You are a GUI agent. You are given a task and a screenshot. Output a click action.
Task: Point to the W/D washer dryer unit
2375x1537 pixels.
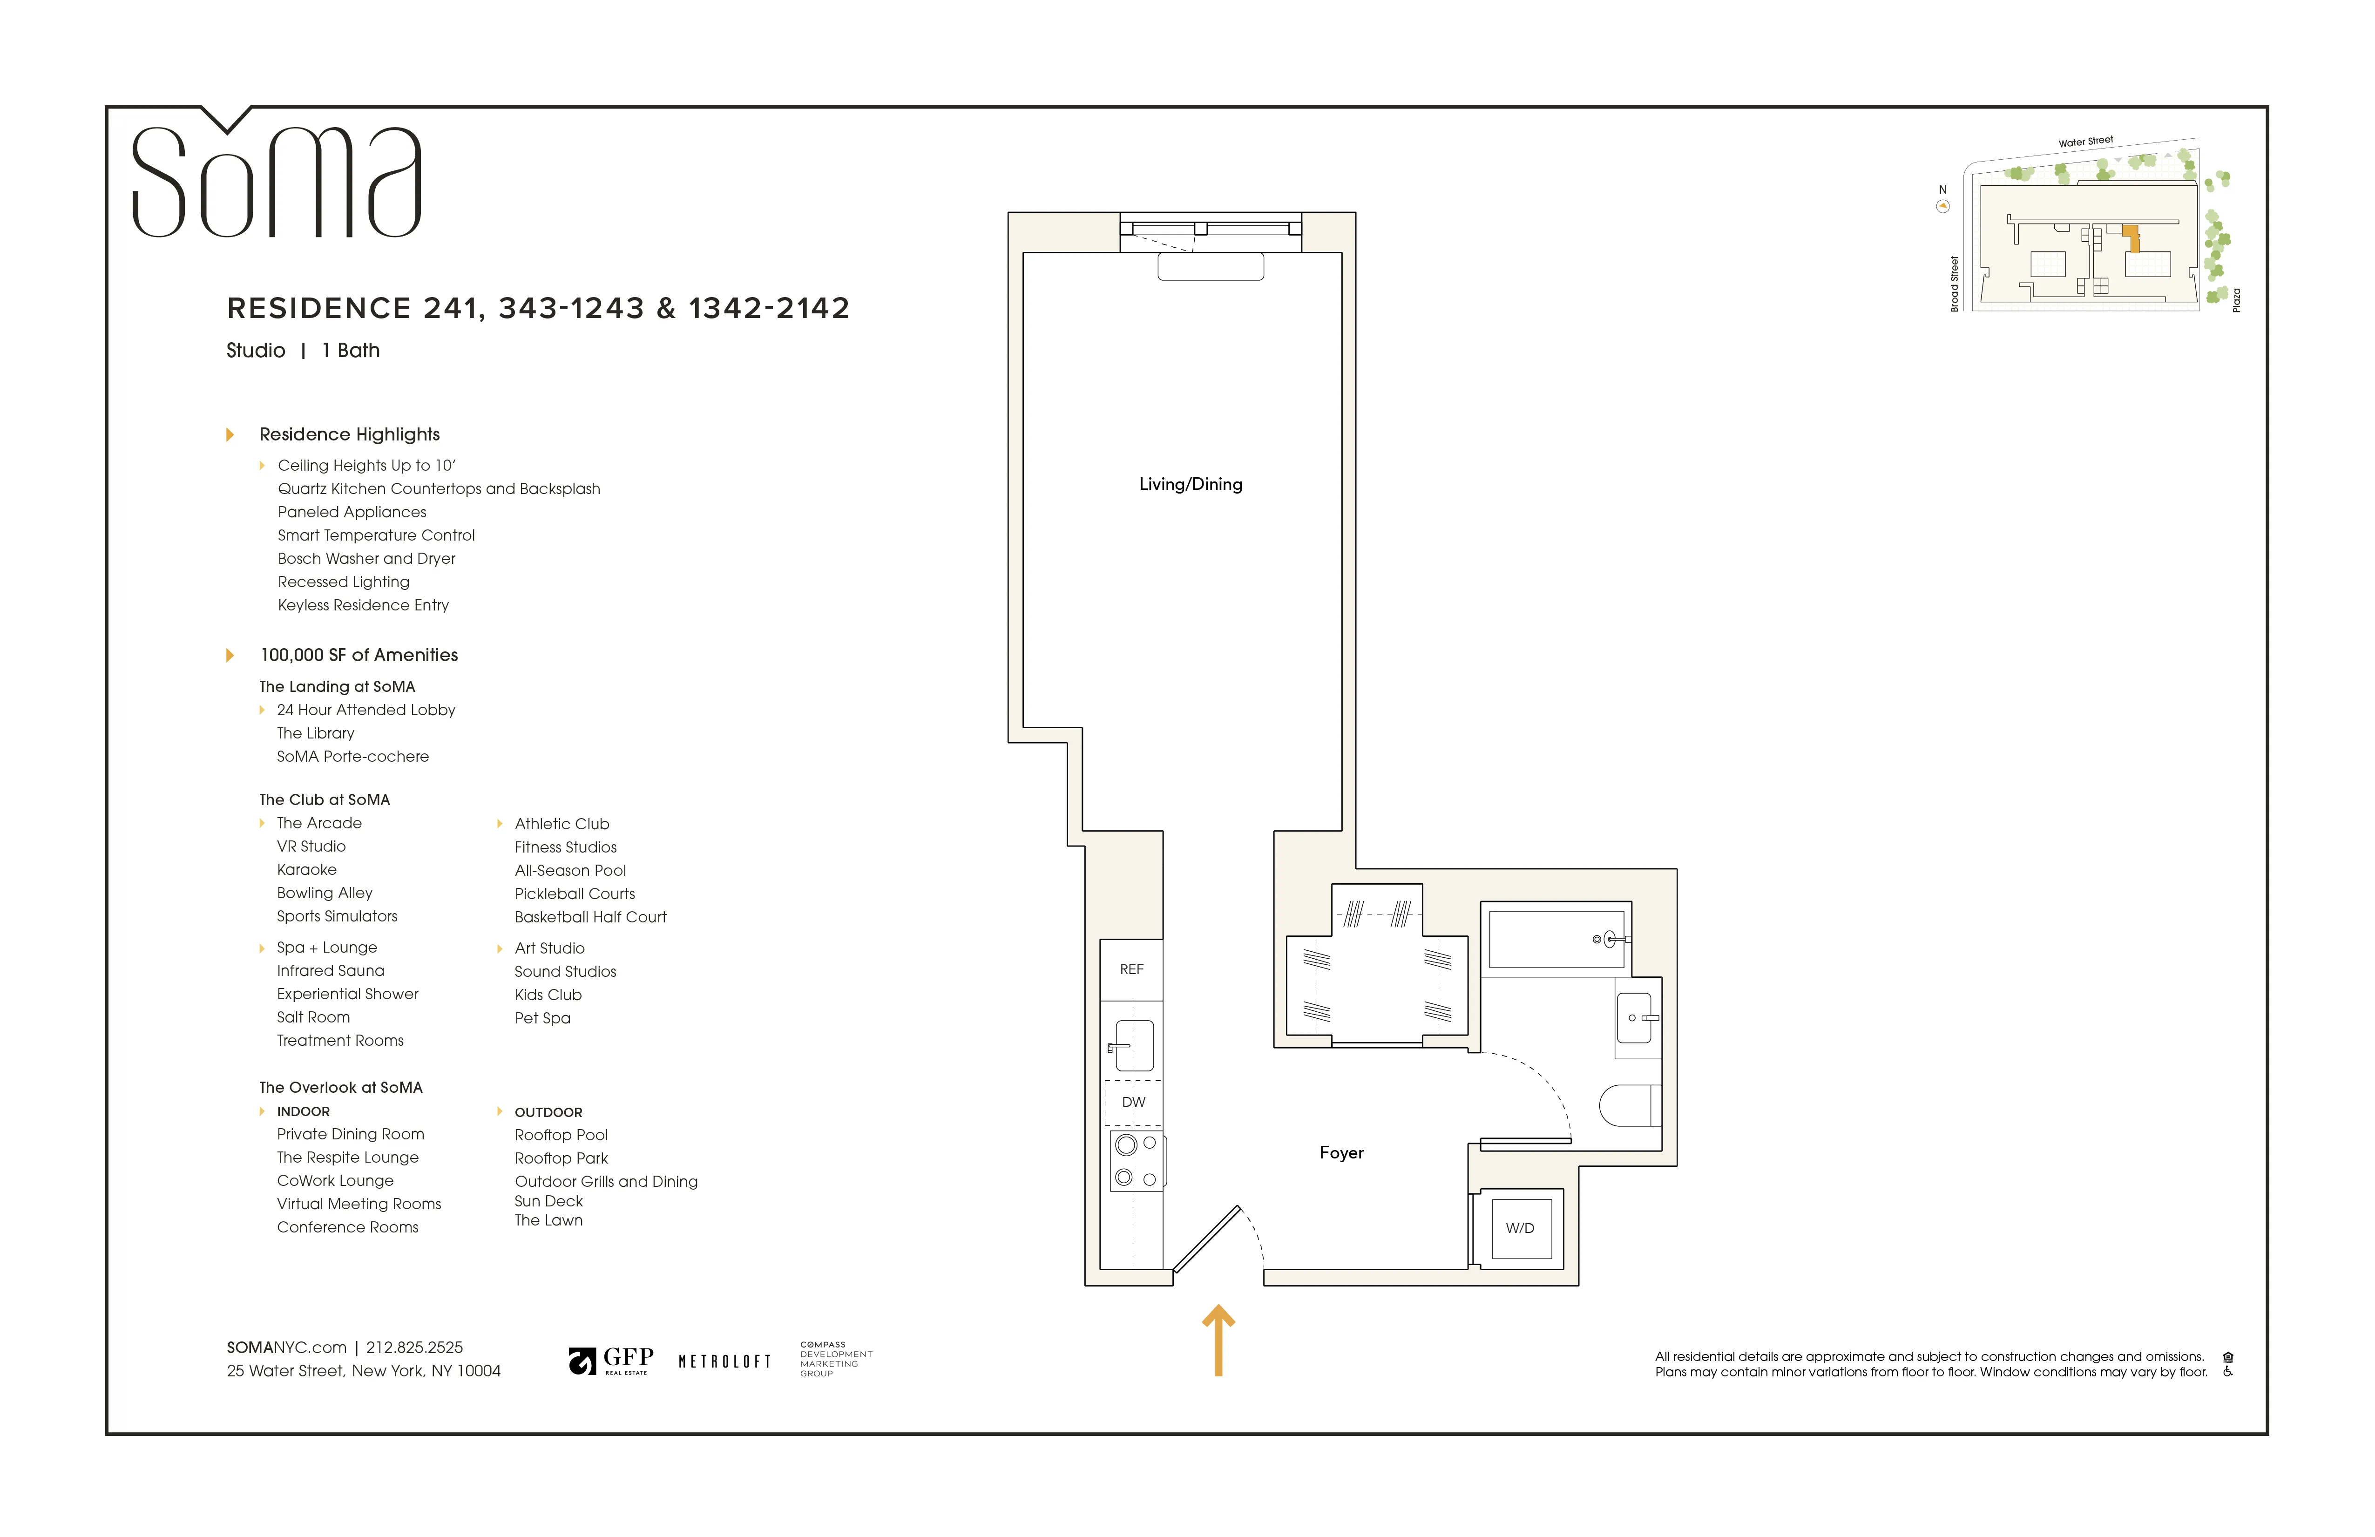(1520, 1228)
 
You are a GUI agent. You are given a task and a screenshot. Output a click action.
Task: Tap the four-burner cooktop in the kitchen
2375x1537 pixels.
(1137, 1161)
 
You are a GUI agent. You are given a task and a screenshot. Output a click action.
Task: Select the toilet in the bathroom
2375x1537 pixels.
(1629, 1105)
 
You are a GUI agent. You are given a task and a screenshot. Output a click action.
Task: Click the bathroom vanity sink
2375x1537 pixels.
(1635, 1018)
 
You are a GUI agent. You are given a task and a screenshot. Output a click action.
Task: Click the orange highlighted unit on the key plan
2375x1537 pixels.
(2132, 238)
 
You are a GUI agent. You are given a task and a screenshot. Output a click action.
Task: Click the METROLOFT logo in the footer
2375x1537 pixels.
(724, 1361)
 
